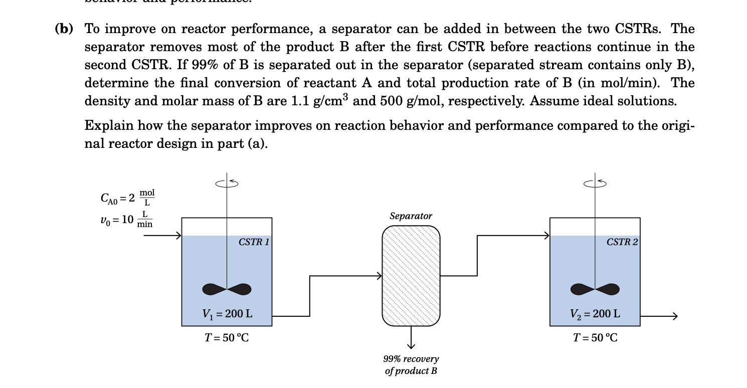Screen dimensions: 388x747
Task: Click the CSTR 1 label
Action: coord(254,242)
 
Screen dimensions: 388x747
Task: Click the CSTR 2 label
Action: coord(622,242)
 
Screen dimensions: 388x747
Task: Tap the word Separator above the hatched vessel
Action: coord(411,216)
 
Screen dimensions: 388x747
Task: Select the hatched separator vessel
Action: coord(411,276)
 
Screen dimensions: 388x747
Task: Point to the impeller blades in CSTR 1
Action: coord(227,289)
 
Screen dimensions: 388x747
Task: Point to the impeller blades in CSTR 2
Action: coord(595,289)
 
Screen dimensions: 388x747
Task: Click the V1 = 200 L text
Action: coord(227,314)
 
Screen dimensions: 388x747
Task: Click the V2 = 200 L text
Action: coord(595,314)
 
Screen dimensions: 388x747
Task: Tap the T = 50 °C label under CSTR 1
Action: coord(227,337)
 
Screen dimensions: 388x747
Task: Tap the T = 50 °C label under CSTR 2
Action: coord(595,337)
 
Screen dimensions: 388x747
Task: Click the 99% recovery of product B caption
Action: coord(411,365)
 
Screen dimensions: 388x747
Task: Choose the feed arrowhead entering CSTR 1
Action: coord(177,235)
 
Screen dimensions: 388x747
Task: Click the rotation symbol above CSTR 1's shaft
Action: coord(227,183)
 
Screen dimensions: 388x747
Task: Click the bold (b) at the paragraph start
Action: coord(64,29)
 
